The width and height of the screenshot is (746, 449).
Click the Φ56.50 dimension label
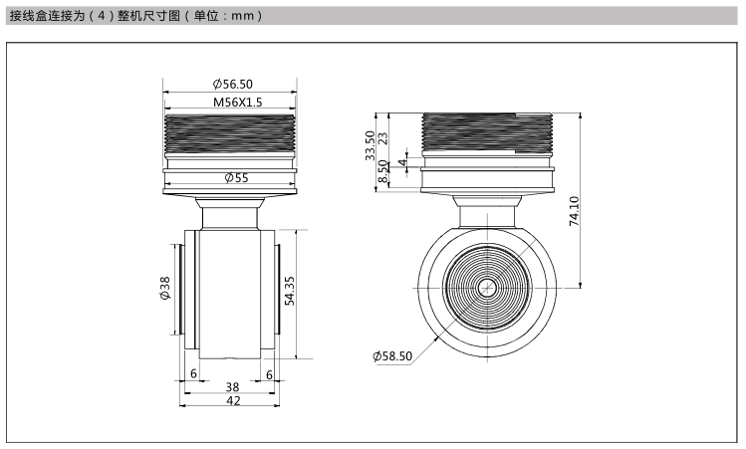[233, 85]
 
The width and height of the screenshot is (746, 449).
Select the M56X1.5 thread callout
[237, 103]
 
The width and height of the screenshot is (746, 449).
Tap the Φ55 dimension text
[236, 178]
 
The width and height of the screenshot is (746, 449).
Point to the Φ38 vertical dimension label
[164, 289]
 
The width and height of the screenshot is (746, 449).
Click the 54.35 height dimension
[289, 291]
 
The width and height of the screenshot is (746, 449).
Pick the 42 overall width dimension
[233, 401]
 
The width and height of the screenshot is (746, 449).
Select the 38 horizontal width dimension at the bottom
[232, 387]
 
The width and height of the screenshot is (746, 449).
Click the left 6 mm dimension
[193, 374]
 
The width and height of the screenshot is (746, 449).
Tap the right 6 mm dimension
[269, 374]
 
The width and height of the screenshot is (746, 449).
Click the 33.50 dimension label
[370, 145]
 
